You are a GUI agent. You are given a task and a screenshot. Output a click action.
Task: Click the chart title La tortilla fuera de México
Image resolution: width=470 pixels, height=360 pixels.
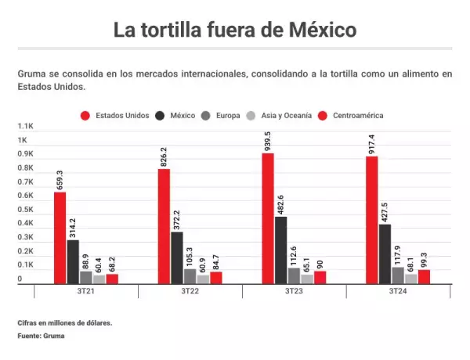235,31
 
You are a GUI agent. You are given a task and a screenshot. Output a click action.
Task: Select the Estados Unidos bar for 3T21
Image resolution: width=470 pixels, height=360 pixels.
60,238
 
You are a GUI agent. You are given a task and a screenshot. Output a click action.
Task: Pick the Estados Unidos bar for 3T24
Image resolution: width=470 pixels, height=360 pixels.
372,220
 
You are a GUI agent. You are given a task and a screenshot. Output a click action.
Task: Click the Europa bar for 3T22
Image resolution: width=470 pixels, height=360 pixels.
190,275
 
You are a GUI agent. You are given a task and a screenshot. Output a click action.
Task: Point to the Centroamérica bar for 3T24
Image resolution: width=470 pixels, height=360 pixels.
424,276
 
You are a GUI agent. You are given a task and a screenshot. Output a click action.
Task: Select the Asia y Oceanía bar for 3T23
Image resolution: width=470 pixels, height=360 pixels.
307,279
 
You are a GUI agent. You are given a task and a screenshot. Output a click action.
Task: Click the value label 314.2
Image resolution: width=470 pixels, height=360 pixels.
73,225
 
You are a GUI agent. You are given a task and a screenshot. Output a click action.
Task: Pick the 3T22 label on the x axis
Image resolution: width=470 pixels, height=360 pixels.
190,291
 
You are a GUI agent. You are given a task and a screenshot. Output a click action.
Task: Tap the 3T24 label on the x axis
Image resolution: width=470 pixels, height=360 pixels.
398,291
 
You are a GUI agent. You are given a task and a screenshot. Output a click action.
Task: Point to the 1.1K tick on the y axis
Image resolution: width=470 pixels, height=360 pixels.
26,126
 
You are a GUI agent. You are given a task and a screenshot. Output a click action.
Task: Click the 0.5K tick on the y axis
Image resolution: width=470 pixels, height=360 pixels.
26,210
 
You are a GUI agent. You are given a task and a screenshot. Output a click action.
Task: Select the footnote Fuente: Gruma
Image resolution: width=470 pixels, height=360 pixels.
41,337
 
